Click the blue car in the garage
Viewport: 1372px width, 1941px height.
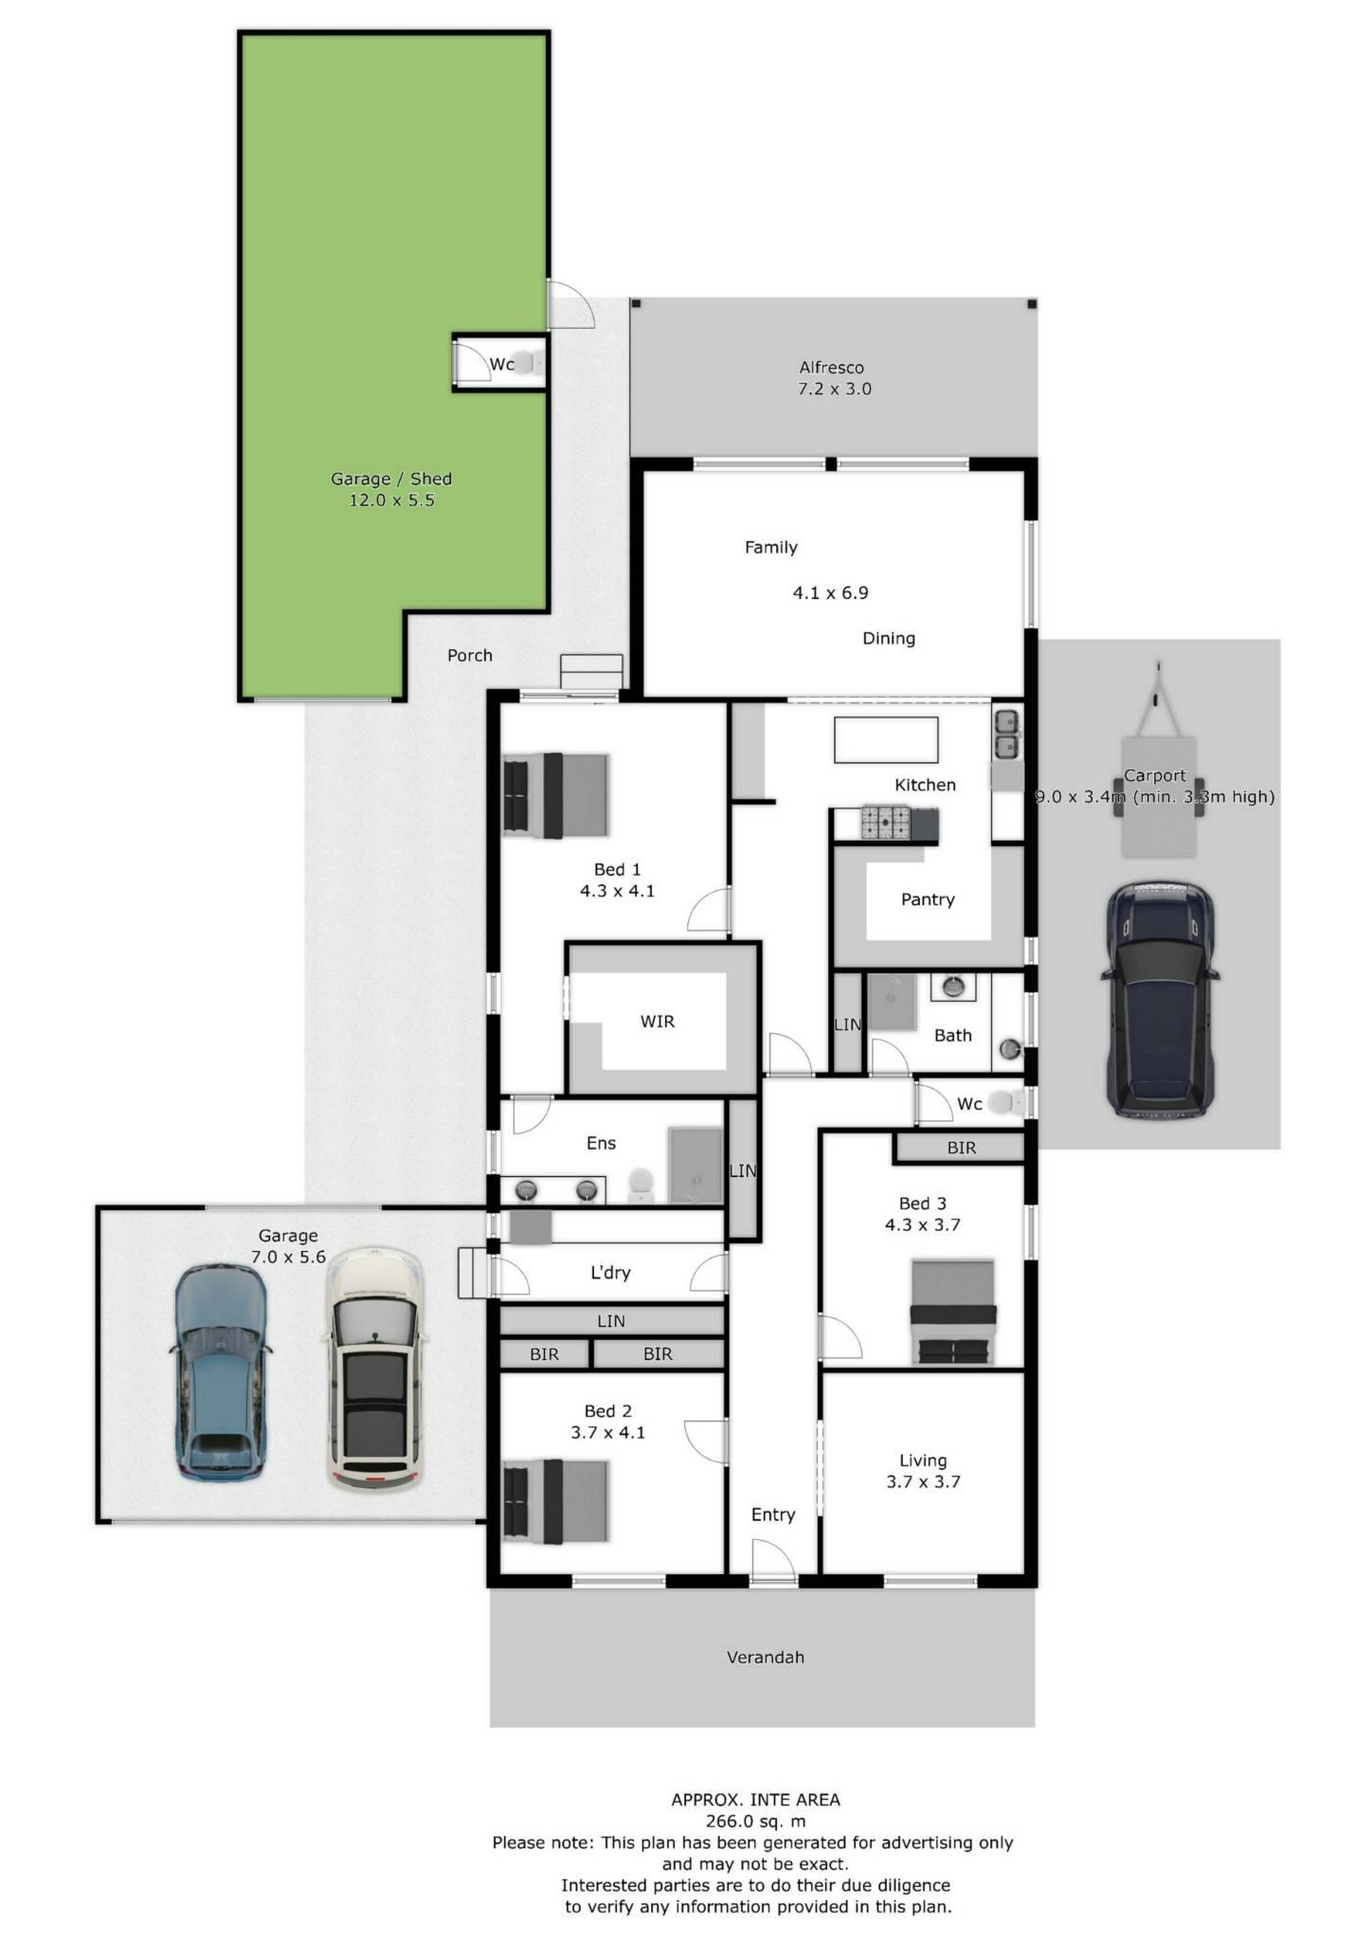click(218, 1371)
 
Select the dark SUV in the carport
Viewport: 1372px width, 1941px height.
click(1159, 999)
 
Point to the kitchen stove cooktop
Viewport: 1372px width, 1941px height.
click(885, 823)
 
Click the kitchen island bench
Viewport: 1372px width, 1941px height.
click(886, 740)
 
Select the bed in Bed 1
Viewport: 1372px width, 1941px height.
click(555, 795)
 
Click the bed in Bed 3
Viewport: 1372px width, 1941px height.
click(953, 1312)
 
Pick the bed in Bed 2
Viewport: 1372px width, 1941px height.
click(555, 1501)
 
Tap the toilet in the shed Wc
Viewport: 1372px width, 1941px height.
click(532, 362)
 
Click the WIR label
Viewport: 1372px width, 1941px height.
click(658, 1022)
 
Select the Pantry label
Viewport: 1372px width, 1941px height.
click(928, 899)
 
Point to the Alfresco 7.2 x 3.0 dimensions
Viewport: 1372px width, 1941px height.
click(834, 389)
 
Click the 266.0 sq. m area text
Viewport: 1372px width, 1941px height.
click(756, 1821)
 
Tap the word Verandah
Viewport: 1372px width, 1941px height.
click(766, 1658)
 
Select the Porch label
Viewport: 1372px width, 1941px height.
click(470, 655)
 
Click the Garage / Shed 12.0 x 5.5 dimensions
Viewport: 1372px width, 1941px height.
click(391, 500)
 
